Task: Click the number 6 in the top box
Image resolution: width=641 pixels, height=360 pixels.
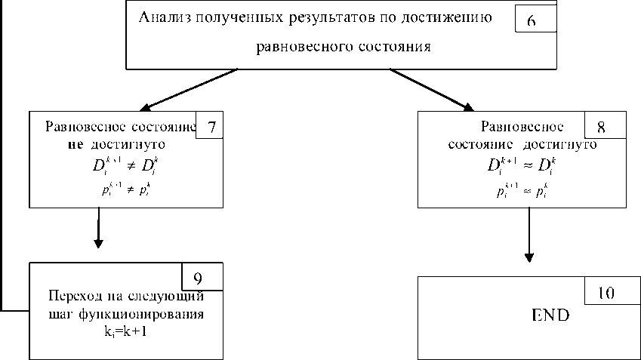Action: tap(531, 21)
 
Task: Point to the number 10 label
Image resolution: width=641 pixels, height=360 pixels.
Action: tap(605, 292)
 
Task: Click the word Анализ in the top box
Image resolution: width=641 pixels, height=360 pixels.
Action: tap(162, 17)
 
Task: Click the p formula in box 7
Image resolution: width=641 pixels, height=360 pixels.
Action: tap(126, 190)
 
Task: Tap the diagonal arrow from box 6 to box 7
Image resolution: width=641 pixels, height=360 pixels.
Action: tap(189, 88)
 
